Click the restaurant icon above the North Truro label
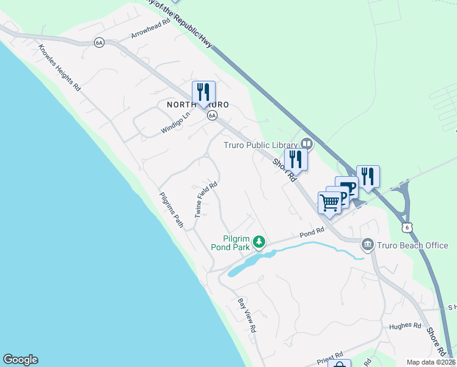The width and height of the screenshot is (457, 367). pyautogui.click(x=203, y=92)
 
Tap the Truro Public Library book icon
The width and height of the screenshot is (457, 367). pyautogui.click(x=307, y=145)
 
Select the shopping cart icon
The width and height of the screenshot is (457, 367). pyautogui.click(x=329, y=202)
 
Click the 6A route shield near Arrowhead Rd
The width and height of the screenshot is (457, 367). pyautogui.click(x=99, y=42)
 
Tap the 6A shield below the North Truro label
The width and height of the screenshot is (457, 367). pyautogui.click(x=212, y=115)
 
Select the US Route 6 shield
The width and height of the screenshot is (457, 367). pyautogui.click(x=407, y=227)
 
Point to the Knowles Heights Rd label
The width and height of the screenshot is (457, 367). pyautogui.click(x=59, y=68)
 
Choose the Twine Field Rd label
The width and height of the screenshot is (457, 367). pyautogui.click(x=206, y=199)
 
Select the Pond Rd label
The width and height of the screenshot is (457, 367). pyautogui.click(x=312, y=234)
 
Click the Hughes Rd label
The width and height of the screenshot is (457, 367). pyautogui.click(x=405, y=326)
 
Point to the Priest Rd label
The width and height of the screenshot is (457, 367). pyautogui.click(x=331, y=356)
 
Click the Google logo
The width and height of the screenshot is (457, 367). pyautogui.click(x=20, y=360)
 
